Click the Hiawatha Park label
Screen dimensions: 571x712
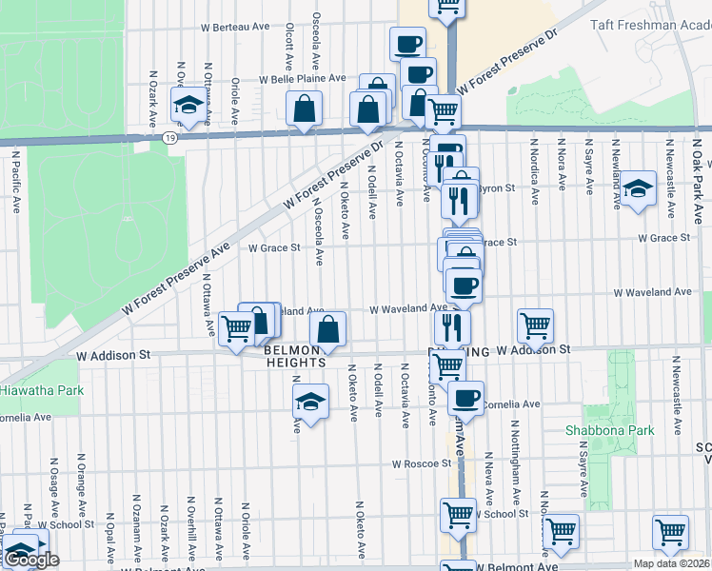(41, 390)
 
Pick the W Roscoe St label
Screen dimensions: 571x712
(421, 464)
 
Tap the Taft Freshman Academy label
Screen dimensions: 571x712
(648, 25)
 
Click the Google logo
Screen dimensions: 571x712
(31, 560)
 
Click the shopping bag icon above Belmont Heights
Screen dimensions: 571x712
(327, 330)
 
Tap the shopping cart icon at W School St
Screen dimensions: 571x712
(459, 515)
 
